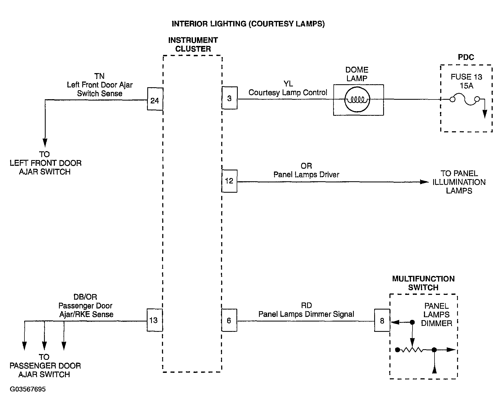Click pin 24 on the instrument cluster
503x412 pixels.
pos(155,99)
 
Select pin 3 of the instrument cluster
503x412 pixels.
pos(229,98)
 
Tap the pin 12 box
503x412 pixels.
pos(229,181)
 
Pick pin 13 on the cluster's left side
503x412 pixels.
pos(155,320)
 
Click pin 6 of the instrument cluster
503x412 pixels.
pos(229,320)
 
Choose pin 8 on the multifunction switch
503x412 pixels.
pos(382,320)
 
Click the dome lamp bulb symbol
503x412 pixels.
pos(357,100)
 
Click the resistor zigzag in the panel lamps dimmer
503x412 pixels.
pos(412,350)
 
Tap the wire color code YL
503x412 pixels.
pos(288,84)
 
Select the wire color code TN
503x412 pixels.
pos(100,76)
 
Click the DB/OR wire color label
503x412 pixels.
pos(85,297)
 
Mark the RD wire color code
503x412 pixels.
pos(306,306)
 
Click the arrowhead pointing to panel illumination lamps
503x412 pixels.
pos(424,182)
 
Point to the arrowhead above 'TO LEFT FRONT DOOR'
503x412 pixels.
pos(45,142)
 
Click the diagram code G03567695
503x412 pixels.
pos(28,389)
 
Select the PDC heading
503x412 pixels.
pos(466,57)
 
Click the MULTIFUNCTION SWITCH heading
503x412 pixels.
pos(423,283)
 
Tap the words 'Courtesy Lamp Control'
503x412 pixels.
pos(288,93)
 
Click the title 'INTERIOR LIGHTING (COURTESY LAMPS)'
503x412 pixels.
pos(248,24)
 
